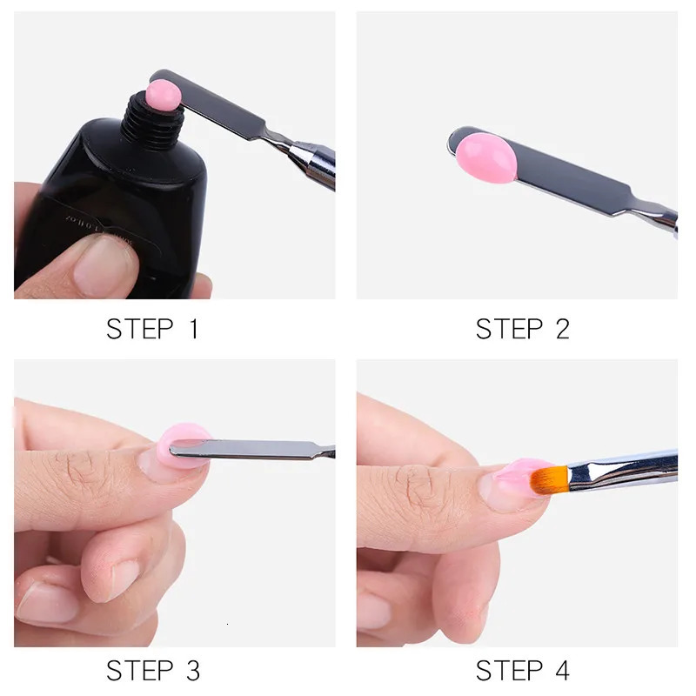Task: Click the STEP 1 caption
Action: coord(152,329)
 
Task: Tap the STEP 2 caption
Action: coord(522,329)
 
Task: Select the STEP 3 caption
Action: coord(152,671)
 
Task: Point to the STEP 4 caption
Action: coord(522,671)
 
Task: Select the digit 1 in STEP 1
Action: coord(193,329)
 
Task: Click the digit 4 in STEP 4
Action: coord(561,671)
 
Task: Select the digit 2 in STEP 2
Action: coord(561,329)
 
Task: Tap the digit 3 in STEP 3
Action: coord(192,671)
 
